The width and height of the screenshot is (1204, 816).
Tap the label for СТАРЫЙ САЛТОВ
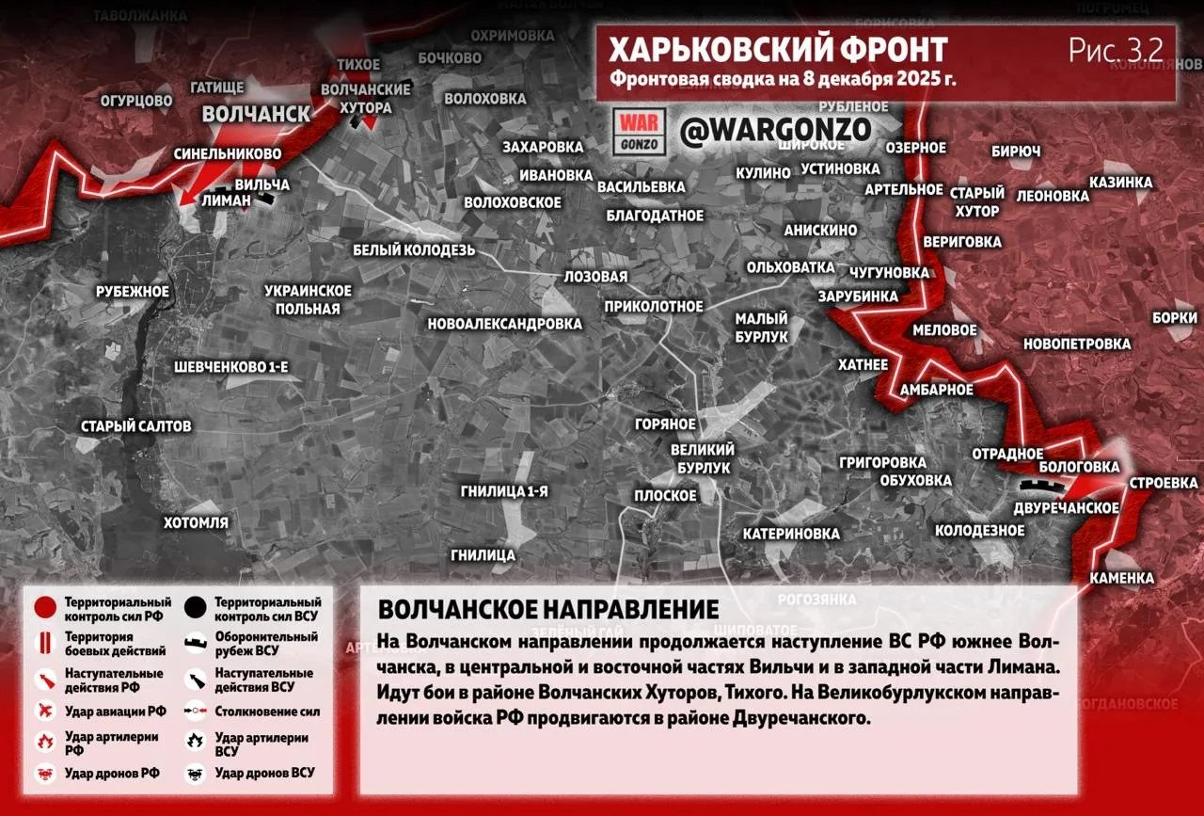pos(135,426)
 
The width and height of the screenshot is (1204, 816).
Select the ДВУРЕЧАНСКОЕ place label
pos(1066,508)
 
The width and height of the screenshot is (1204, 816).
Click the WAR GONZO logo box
pos(640,133)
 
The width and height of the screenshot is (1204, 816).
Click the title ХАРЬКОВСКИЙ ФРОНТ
pos(777,50)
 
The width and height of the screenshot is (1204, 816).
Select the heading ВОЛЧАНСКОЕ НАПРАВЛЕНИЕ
pos(548,609)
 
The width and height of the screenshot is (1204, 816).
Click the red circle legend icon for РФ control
pos(44,608)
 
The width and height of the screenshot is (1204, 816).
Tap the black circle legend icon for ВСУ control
pos(197,608)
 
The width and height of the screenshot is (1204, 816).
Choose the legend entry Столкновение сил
pos(267,712)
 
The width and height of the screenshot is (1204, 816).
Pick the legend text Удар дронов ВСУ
pos(264,773)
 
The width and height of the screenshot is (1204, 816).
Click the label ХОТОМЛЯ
pos(196,522)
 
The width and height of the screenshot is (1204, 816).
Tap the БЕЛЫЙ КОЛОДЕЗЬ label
pos(414,250)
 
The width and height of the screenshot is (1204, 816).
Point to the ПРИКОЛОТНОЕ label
pos(654,306)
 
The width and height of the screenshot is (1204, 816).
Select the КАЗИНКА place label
pos(1120,182)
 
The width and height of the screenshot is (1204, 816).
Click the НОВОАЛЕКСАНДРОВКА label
pos(504,324)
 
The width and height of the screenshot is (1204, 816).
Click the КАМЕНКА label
pos(1122,577)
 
